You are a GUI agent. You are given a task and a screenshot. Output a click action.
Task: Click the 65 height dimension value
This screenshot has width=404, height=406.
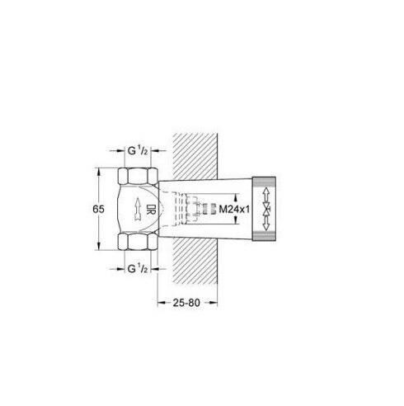pos(98,210)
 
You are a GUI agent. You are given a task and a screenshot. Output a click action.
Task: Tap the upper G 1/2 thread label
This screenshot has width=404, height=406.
pos(136,152)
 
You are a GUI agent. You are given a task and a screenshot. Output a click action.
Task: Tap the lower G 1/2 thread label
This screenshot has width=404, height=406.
pos(136,267)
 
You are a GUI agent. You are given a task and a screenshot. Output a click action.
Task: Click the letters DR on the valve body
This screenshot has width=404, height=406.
pos(151,209)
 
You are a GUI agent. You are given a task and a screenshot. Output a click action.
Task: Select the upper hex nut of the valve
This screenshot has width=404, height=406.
pos(135,177)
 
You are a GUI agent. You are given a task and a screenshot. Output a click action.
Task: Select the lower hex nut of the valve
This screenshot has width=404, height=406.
pos(135,243)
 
